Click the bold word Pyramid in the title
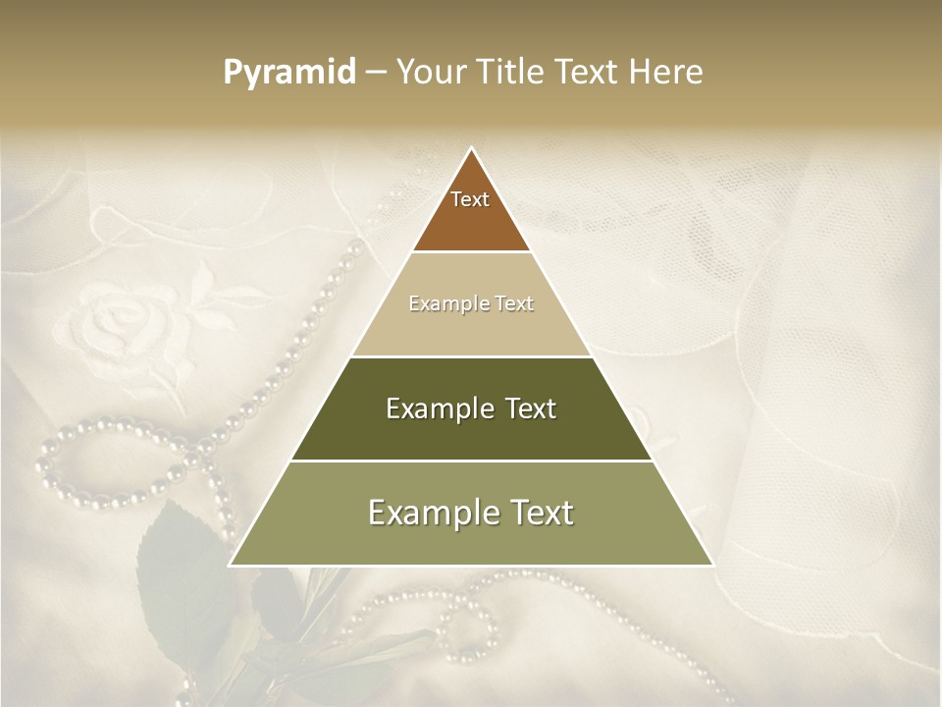click(288, 73)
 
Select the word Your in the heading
click(430, 73)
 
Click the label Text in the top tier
click(470, 200)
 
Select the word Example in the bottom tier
click(426, 513)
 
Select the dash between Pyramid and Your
click(376, 73)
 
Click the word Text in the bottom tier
click(538, 513)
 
